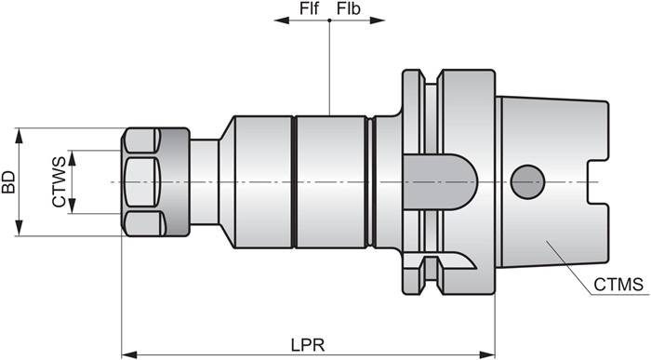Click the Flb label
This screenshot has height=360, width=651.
pos(349,8)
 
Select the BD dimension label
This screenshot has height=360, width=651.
pos(9,182)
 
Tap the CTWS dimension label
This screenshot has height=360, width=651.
pos(59,182)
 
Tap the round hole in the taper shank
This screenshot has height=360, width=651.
pos(527,180)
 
